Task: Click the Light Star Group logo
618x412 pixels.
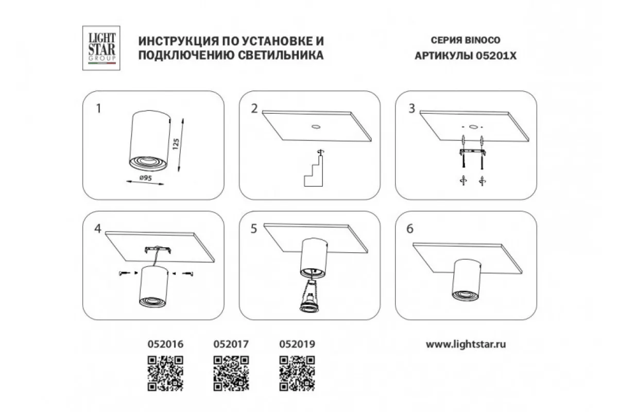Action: pyautogui.click(x=101, y=48)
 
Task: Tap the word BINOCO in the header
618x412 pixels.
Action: pyautogui.click(x=483, y=40)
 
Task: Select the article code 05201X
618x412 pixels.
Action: pyautogui.click(x=496, y=56)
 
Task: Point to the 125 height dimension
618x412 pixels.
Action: pyautogui.click(x=176, y=144)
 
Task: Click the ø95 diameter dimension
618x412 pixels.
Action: pyautogui.click(x=145, y=178)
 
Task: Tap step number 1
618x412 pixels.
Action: pyautogui.click(x=98, y=109)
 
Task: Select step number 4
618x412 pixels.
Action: pyautogui.click(x=98, y=229)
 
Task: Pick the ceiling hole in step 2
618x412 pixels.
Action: pyautogui.click(x=316, y=127)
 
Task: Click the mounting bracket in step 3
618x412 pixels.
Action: pyautogui.click(x=473, y=152)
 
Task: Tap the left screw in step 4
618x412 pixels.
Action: pyautogui.click(x=125, y=273)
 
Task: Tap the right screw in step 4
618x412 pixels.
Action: pyautogui.click(x=187, y=273)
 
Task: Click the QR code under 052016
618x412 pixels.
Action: pyautogui.click(x=165, y=373)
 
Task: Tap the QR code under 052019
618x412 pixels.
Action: pyautogui.click(x=297, y=373)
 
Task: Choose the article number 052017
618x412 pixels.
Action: pyautogui.click(x=231, y=344)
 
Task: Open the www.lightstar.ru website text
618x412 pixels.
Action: pyautogui.click(x=466, y=345)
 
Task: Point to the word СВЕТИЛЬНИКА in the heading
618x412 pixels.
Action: pyautogui.click(x=281, y=56)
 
